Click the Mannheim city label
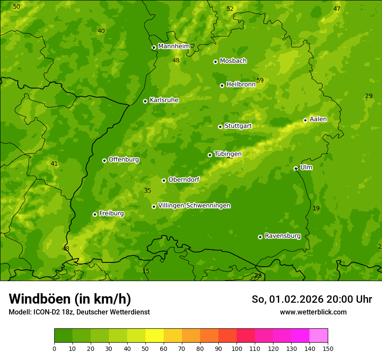pos(174,46)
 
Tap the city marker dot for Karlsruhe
pos(145,101)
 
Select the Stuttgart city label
pos(238,126)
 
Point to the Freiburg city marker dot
pos(95,214)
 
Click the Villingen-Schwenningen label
pos(194,206)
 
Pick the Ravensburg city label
pos(283,236)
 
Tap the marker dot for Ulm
pos(296,168)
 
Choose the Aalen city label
pos(318,119)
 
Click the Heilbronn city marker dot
pos(222,85)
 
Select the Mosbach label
pos(233,61)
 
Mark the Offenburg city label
pos(124,160)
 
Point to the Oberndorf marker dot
pos(164,180)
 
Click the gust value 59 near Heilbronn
pos(260,80)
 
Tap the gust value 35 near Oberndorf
pos(148,190)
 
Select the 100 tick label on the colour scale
pos(237,348)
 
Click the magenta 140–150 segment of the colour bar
pos(319,336)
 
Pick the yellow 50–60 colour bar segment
pos(155,336)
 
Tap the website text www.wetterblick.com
pos(313,312)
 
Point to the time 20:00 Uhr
pos(343,299)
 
